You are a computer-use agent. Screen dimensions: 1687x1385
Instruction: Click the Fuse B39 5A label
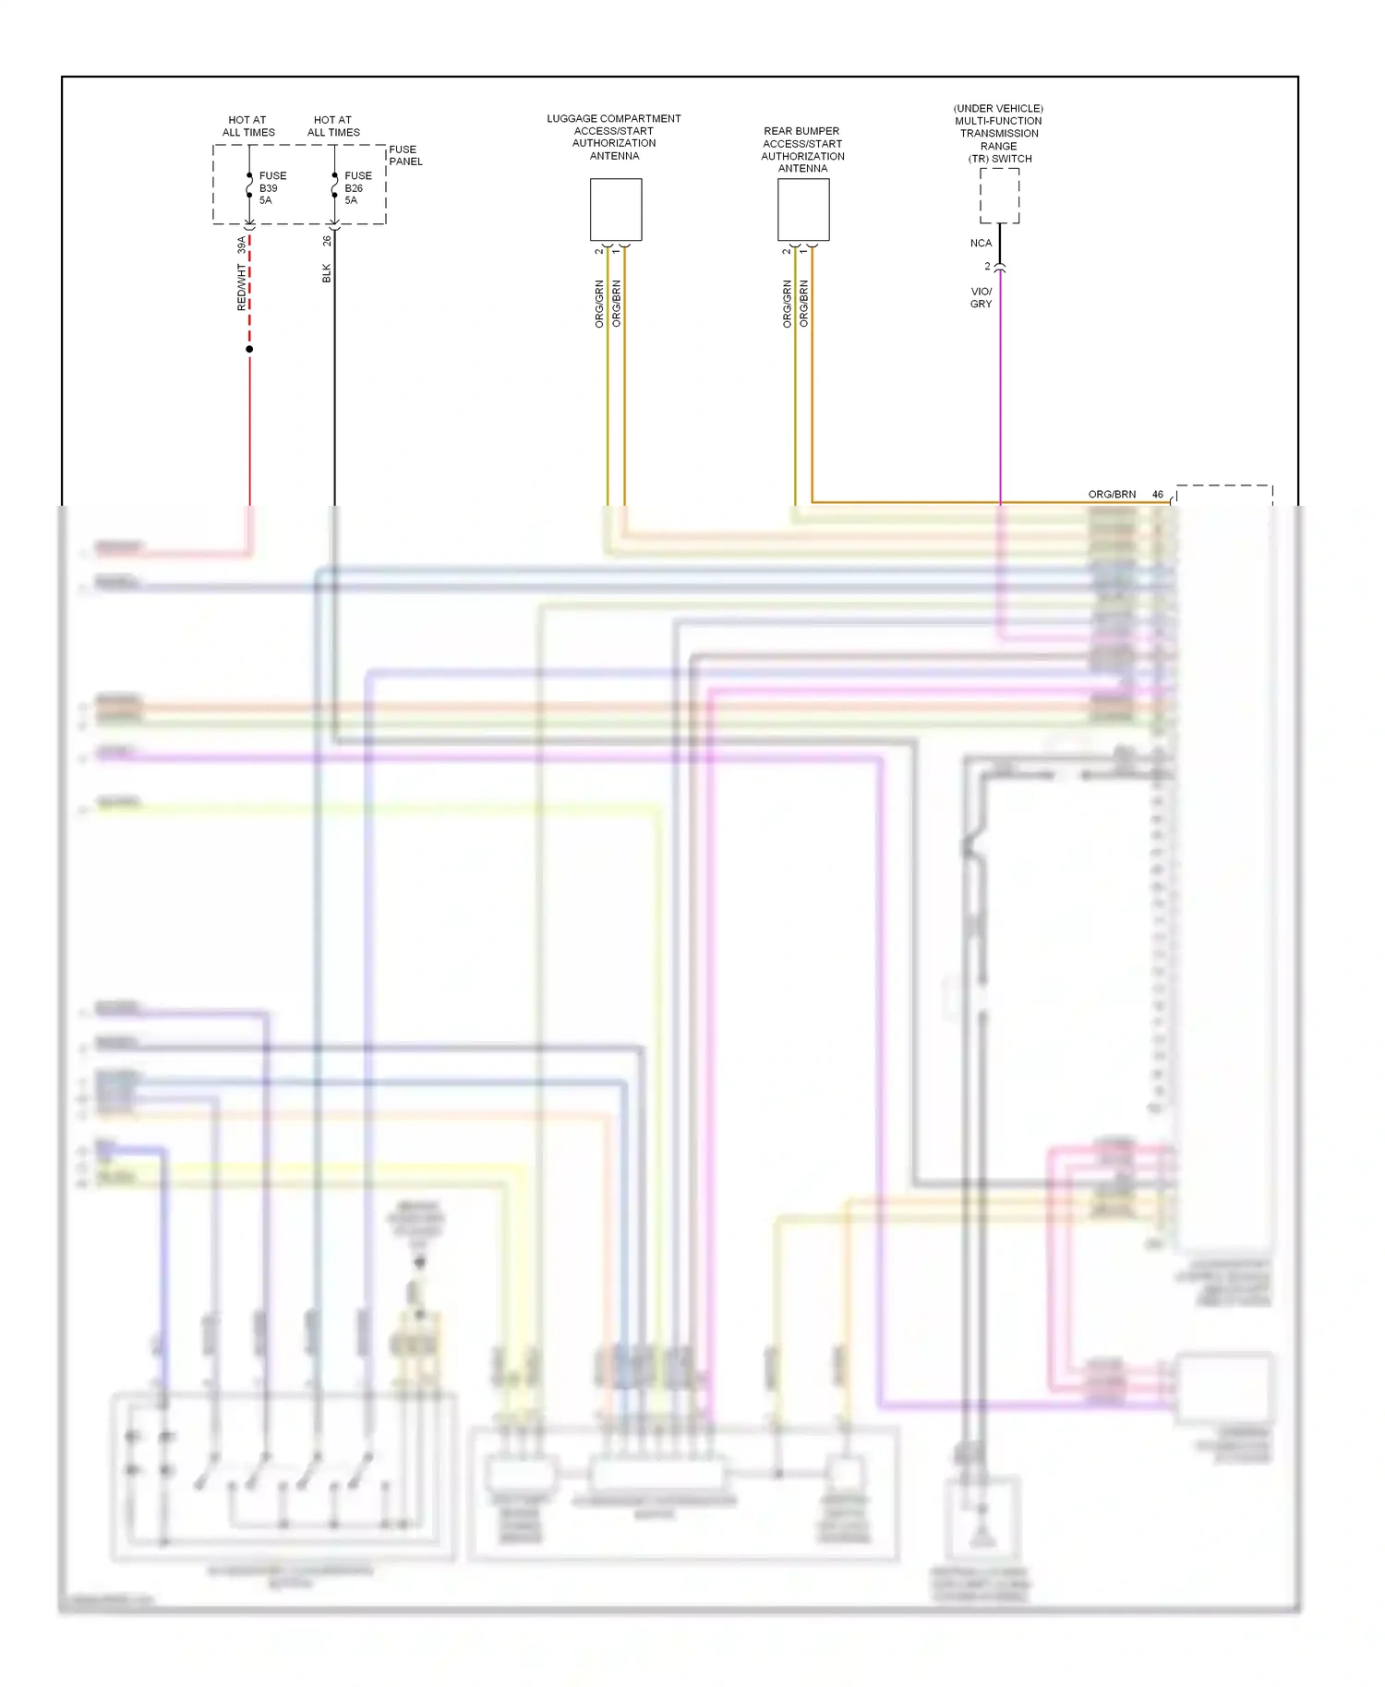click(271, 187)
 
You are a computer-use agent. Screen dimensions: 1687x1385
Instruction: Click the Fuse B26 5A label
click(357, 187)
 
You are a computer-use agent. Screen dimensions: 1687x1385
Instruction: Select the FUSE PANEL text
click(405, 155)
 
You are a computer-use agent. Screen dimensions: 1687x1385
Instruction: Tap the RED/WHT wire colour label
click(242, 287)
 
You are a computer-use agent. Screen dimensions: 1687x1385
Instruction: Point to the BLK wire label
click(326, 273)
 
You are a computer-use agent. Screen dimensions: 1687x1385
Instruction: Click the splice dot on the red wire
click(249, 349)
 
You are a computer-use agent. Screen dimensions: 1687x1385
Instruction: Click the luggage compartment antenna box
click(616, 209)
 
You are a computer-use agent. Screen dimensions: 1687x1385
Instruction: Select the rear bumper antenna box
click(803, 209)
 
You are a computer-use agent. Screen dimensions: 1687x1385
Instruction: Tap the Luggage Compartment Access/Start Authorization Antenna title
click(614, 137)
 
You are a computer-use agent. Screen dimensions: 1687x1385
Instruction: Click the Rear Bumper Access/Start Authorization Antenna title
click(802, 150)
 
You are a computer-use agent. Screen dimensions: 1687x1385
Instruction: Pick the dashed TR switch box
click(999, 196)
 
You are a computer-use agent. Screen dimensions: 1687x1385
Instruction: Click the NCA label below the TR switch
click(981, 244)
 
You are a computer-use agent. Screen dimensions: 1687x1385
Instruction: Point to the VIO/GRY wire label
click(981, 297)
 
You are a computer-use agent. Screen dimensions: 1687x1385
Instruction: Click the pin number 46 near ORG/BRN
click(1158, 495)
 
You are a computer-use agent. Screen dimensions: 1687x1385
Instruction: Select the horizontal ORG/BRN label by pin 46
click(1112, 495)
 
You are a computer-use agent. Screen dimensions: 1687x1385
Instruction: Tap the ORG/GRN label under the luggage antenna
click(599, 304)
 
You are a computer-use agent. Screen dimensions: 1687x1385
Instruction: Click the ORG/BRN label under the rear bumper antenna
click(804, 304)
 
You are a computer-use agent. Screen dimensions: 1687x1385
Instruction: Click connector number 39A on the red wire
click(242, 245)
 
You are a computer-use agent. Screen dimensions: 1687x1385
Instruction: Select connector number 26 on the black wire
click(327, 241)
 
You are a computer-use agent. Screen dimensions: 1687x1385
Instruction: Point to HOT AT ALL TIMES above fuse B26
click(333, 126)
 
